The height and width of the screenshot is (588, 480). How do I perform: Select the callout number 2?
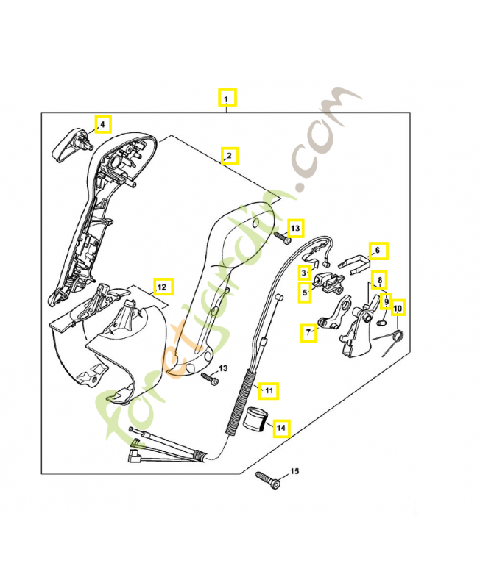[229, 156]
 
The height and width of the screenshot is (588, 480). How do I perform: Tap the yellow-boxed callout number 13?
[294, 228]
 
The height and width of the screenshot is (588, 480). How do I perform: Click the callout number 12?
[162, 286]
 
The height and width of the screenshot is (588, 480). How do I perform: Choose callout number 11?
[269, 390]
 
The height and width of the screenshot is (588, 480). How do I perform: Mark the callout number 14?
[280, 426]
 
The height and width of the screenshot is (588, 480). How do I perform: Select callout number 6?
[377, 251]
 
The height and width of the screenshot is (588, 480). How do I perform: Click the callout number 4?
[102, 124]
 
